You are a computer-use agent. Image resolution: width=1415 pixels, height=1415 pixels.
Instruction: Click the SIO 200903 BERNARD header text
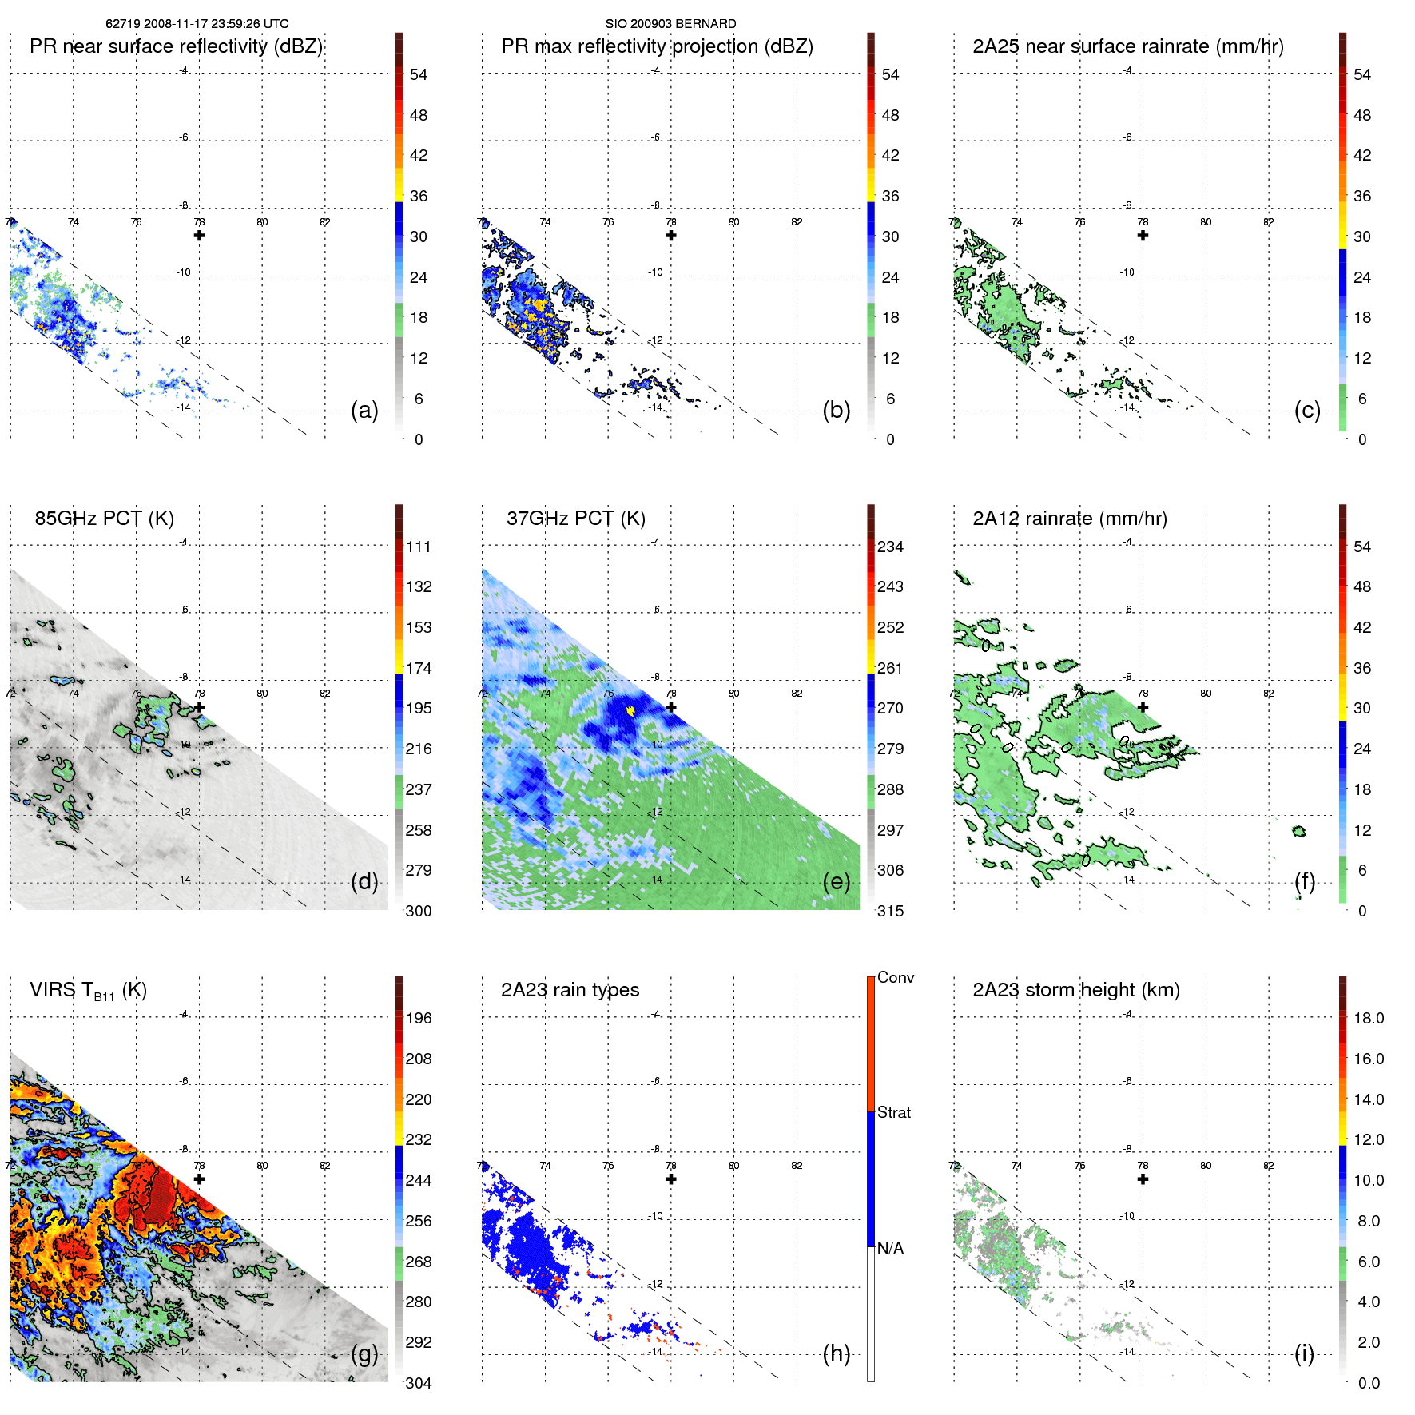point(670,24)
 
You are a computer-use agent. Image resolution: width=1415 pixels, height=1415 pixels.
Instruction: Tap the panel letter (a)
point(364,411)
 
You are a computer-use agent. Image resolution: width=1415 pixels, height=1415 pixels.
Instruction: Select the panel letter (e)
point(836,882)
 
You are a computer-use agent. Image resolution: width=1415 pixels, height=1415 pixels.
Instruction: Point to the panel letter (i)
point(1304,1353)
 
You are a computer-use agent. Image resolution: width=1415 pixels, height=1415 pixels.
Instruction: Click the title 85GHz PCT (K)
point(104,519)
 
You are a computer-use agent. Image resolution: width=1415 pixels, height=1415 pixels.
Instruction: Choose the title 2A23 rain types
point(570,990)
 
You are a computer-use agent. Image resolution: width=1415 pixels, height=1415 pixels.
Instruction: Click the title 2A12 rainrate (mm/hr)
point(1069,519)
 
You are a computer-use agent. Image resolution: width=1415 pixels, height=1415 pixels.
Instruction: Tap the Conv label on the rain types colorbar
point(895,977)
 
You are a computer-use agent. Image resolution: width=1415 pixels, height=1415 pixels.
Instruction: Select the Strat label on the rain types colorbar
point(893,1112)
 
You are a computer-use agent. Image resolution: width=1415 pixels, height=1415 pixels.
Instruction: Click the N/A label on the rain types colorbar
point(890,1248)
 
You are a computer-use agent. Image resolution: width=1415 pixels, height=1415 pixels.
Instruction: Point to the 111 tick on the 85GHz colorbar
point(419,547)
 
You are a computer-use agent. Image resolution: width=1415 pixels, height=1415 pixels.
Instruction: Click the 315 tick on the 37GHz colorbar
point(890,911)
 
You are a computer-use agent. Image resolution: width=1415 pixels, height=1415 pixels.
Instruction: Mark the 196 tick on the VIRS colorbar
point(419,1019)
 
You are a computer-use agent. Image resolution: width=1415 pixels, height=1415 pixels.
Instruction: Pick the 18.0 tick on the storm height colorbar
point(1368,1019)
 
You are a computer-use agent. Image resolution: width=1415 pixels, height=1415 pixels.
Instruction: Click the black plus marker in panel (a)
point(199,236)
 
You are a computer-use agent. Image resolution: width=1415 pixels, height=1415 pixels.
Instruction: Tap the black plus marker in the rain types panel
point(671,1179)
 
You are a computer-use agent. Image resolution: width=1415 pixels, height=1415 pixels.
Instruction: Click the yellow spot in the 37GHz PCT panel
point(630,709)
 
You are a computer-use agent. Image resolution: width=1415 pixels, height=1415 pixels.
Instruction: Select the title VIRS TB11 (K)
point(88,991)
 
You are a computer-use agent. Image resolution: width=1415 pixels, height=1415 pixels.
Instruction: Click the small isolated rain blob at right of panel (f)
point(1298,832)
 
